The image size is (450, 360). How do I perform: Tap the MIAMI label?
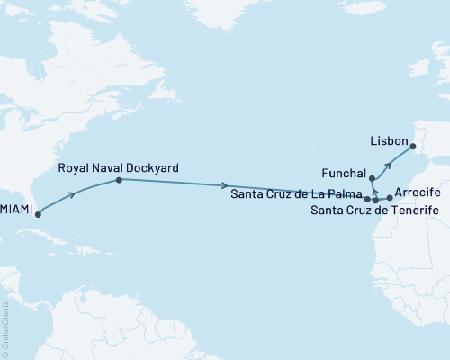click(16, 209)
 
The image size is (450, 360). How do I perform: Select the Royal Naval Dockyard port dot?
click(119, 180)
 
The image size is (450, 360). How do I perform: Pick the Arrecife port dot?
click(389, 197)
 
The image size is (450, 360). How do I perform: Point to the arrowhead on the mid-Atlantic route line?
click(224, 185)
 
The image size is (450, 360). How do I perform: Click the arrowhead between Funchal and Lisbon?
click(389, 165)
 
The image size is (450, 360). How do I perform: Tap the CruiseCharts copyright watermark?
click(5, 333)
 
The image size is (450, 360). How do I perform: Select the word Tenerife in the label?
click(412, 211)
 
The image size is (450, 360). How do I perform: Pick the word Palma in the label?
click(343, 193)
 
